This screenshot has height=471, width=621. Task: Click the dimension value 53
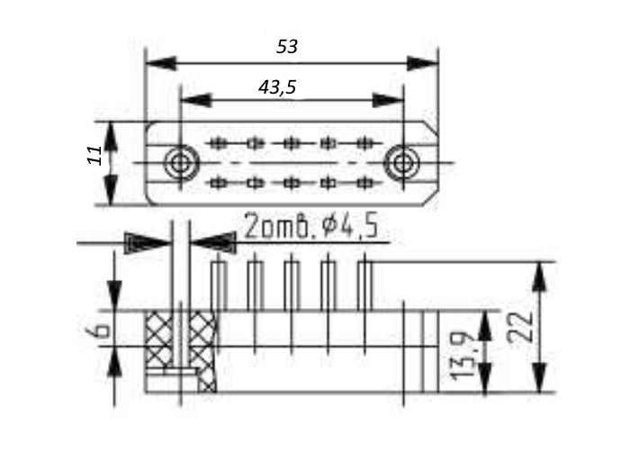[x=287, y=47]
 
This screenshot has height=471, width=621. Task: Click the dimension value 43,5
[x=277, y=86]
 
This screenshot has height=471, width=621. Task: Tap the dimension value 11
[x=94, y=155]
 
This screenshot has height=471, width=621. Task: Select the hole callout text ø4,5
[x=350, y=226]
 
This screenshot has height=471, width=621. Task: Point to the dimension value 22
[x=519, y=327]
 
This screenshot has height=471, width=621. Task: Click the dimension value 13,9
[x=462, y=356]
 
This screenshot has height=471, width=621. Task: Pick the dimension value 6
[x=97, y=330]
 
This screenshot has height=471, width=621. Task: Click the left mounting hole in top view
[x=181, y=162]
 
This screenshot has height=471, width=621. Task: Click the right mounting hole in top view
[x=402, y=163]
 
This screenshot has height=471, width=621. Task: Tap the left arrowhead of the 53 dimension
[x=161, y=63]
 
